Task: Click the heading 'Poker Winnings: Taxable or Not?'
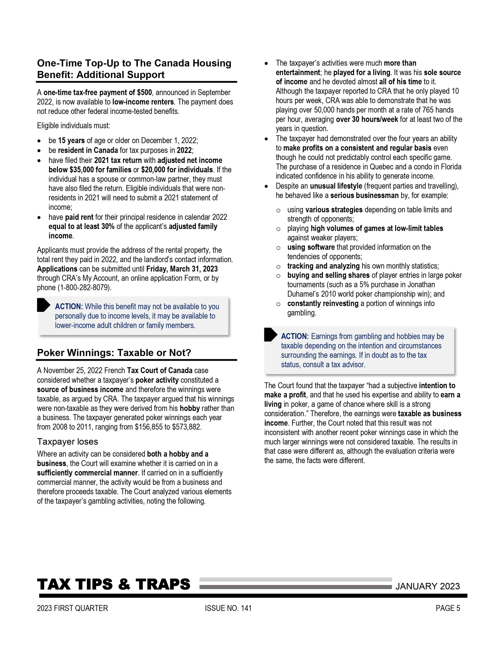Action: click(x=114, y=353)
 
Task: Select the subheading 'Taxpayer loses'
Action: click(x=67, y=442)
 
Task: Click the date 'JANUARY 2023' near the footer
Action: click(x=427, y=586)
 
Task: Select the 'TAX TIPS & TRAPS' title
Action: click(x=113, y=584)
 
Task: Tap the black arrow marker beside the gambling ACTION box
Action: click(x=270, y=335)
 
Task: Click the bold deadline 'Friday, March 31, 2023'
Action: click(x=182, y=269)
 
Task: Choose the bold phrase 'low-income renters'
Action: click(x=143, y=102)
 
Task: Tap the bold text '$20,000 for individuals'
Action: click(x=177, y=170)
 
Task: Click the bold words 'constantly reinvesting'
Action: click(x=323, y=303)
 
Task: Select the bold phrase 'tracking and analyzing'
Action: click(x=323, y=266)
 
